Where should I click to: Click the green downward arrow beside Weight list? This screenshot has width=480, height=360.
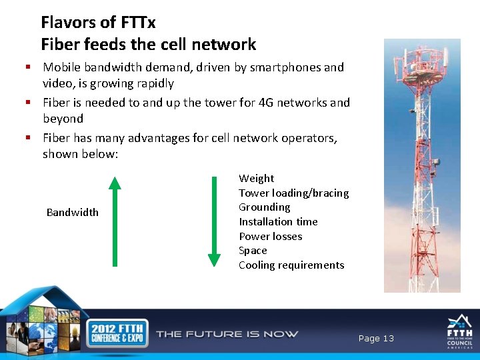click(214, 221)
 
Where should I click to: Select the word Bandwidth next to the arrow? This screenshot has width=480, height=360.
click(72, 213)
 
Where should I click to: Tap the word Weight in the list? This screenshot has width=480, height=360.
click(256, 179)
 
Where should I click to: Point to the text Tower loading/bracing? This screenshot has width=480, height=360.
click(293, 193)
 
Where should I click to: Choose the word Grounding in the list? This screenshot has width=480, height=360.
click(264, 207)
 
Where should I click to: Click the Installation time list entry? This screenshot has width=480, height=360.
click(278, 222)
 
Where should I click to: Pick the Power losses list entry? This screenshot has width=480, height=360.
click(270, 237)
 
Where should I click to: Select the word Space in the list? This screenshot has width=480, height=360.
click(253, 251)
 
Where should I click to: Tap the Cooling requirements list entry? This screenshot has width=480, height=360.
click(291, 265)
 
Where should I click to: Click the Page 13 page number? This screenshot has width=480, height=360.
click(376, 339)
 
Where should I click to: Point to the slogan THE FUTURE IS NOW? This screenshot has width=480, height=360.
click(227, 334)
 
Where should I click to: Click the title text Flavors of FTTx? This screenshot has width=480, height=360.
click(98, 23)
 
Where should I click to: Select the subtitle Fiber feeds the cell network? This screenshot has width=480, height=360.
click(148, 45)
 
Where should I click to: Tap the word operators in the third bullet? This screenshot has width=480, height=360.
click(307, 138)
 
